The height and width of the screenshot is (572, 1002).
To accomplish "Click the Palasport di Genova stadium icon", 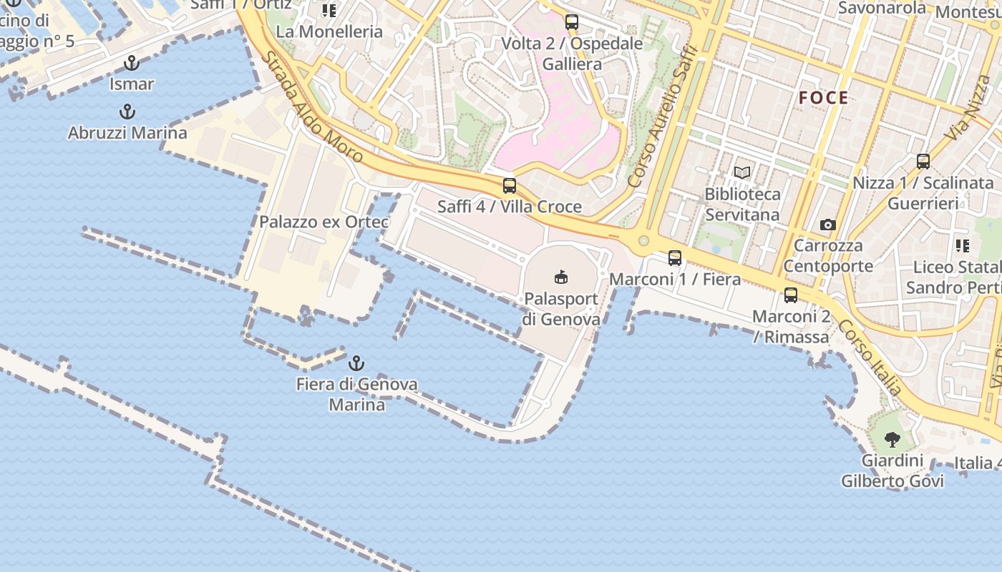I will tap(562, 277).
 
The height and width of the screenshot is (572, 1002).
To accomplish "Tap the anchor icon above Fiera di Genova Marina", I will tap(356, 363).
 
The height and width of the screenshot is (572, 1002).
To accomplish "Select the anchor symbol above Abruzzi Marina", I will tap(127, 112).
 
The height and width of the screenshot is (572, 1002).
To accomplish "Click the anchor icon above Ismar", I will tap(131, 63).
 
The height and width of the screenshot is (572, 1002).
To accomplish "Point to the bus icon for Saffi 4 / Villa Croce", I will tap(510, 186).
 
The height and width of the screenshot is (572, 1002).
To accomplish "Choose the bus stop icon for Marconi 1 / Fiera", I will tap(675, 258).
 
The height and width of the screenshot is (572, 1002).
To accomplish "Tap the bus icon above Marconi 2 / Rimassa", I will tap(791, 295).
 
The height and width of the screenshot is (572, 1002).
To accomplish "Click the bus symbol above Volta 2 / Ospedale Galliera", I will tap(571, 22).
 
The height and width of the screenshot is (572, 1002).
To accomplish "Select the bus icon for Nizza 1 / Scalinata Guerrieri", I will tap(923, 162).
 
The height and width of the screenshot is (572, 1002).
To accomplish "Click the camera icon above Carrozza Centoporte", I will tap(828, 225).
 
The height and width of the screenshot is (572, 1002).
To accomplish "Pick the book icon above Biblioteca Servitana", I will tap(742, 173).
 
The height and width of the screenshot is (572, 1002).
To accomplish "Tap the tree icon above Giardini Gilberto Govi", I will tap(892, 439).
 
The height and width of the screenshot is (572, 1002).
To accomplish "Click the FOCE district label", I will tap(824, 98).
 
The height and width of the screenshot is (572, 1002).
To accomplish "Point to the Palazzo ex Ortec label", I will tap(324, 222).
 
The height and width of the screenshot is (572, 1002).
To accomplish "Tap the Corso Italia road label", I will tap(870, 357).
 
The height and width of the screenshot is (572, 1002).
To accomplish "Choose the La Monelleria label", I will tap(329, 31).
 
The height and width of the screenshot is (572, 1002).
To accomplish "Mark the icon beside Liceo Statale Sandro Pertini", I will tap(963, 246).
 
